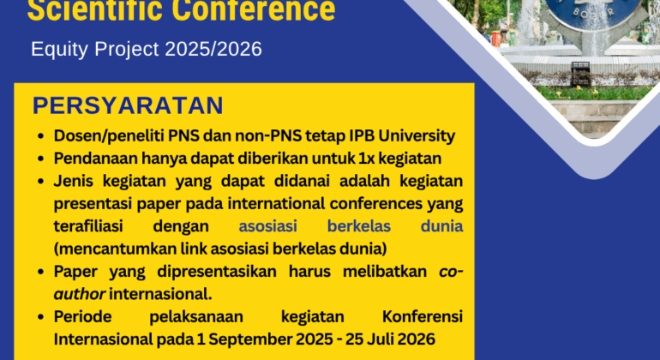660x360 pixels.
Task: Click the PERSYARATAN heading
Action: [x=128, y=105]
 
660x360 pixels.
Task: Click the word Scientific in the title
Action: [x=95, y=11]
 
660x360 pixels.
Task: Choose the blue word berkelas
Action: [x=364, y=226]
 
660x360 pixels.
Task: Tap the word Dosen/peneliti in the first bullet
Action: [x=102, y=136]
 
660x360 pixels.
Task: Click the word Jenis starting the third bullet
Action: [x=74, y=181]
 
